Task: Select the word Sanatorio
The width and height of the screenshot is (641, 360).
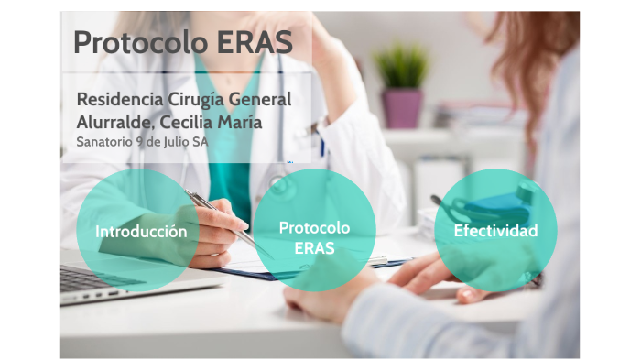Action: point(103,142)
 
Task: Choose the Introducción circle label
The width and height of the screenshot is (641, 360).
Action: point(141,231)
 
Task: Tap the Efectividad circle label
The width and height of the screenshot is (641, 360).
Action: point(495,230)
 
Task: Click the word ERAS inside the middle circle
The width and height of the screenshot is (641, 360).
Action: point(315,248)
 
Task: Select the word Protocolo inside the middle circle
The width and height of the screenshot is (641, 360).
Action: point(315,227)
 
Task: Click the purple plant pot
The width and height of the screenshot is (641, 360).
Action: point(401,108)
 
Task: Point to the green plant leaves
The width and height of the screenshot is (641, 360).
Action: point(401,66)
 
